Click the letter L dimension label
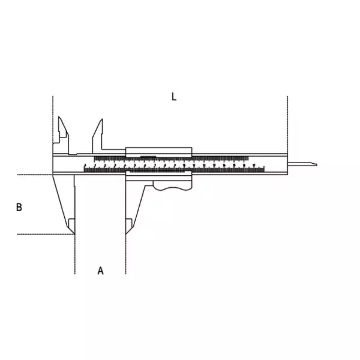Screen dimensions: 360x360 pos(174,97)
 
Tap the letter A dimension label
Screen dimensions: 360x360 pos(101,271)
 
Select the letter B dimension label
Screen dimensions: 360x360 pos(19,207)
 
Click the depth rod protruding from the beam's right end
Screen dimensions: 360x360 pos(302,164)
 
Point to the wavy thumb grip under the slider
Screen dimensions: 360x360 pos(172,186)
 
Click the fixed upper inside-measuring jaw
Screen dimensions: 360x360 pos(62,136)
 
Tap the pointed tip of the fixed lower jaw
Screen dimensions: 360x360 pos(74,234)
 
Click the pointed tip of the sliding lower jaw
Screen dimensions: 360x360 pos(126,234)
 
